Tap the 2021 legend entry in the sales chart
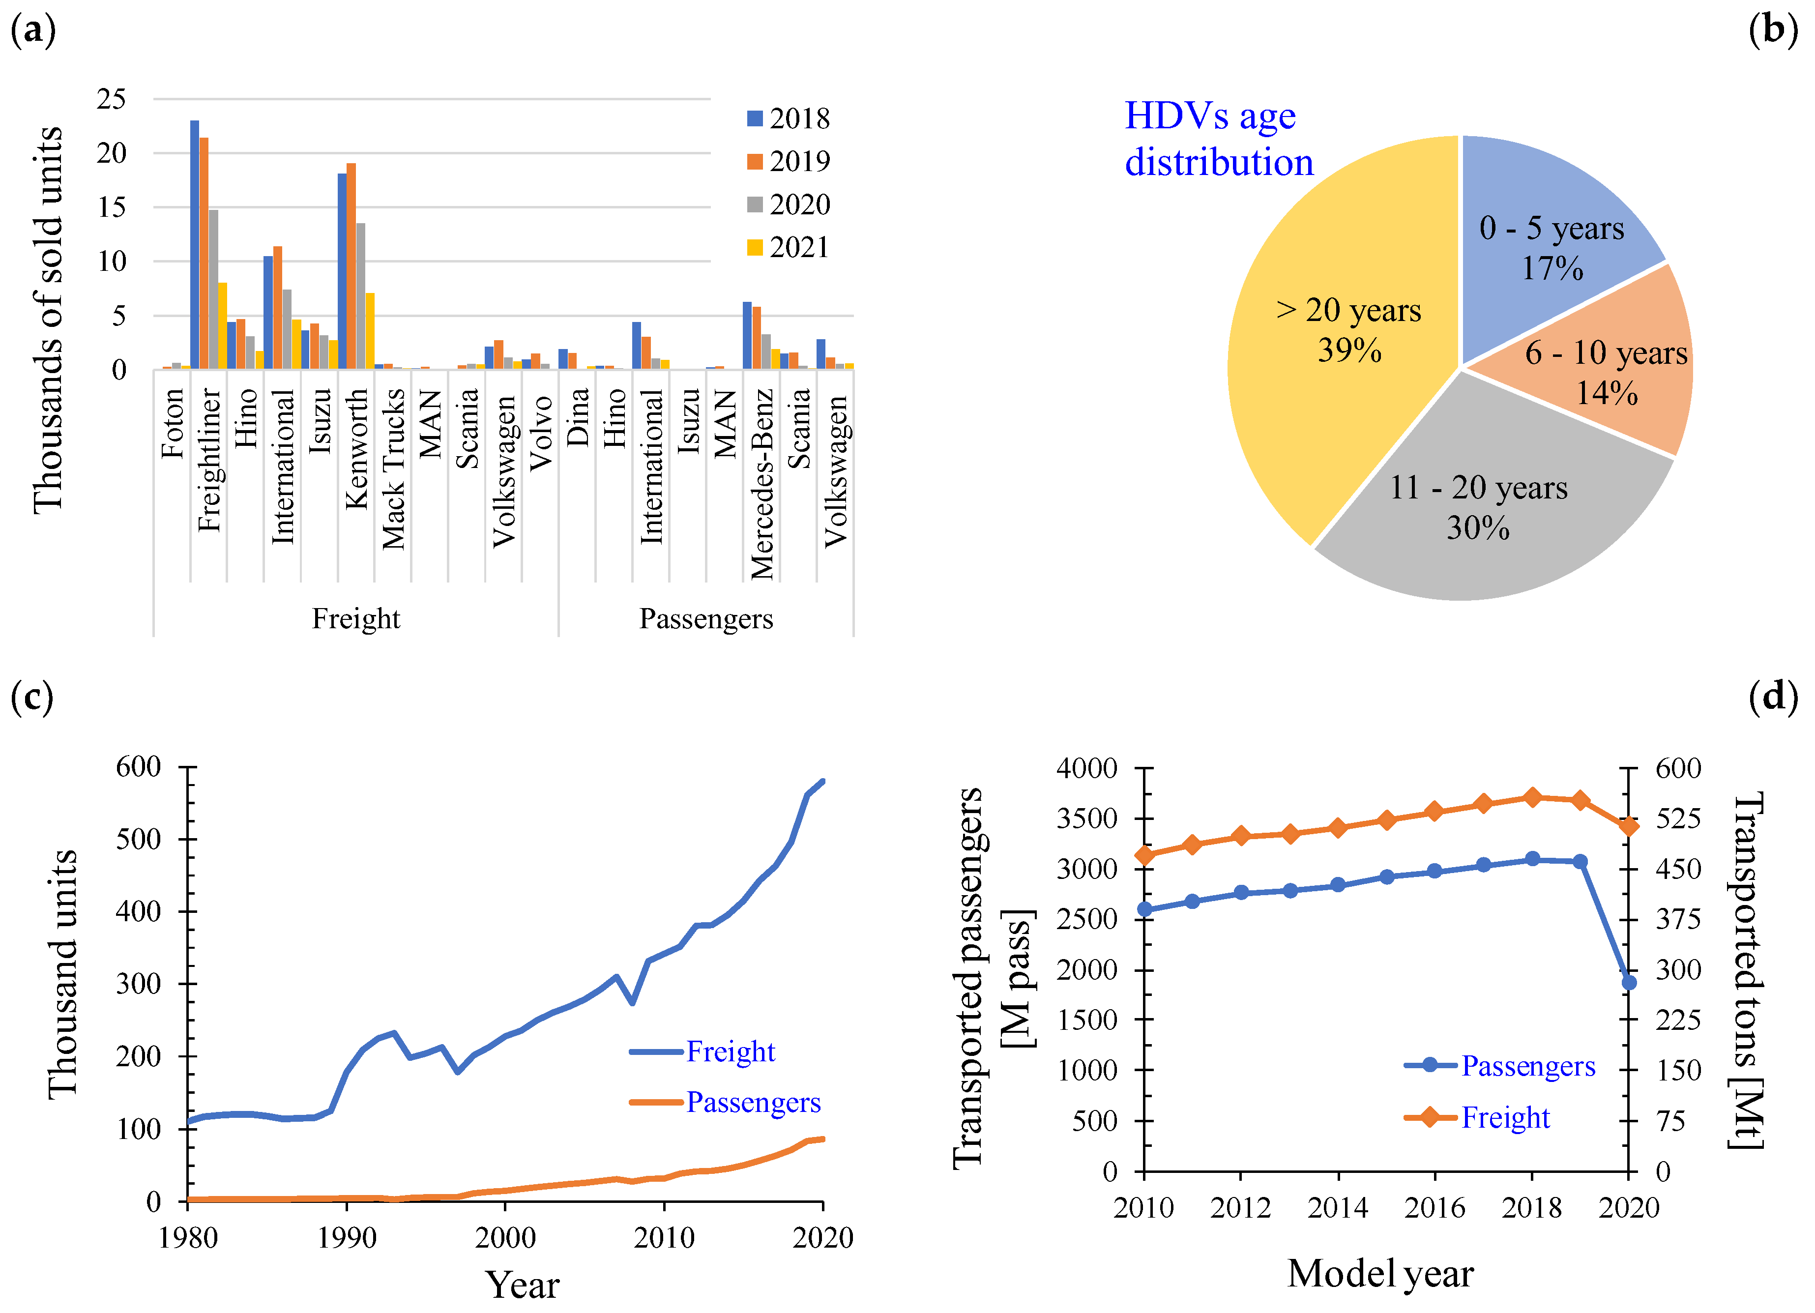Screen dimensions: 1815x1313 788,247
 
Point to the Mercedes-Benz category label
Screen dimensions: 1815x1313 762,484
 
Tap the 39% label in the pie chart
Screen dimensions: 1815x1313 1349,350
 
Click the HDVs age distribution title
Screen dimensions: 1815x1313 1219,139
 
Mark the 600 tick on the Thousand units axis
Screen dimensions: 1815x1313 139,766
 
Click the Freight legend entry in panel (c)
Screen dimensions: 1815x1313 702,1051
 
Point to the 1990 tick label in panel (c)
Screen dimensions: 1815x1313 347,1237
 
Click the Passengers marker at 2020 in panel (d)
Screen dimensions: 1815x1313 1629,982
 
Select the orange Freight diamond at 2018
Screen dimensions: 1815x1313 1532,797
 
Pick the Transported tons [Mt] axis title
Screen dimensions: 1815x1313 1747,970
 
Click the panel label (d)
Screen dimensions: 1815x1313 1773,696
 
